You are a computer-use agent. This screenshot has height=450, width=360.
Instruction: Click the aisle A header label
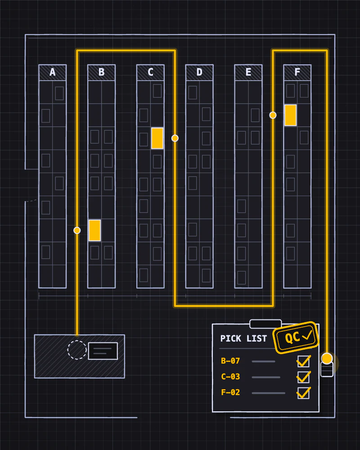53,72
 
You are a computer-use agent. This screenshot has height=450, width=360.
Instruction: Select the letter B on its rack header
101,72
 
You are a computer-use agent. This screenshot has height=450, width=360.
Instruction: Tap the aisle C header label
150,72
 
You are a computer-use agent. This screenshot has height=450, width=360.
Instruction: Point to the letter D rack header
199,72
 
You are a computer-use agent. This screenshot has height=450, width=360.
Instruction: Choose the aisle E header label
248,72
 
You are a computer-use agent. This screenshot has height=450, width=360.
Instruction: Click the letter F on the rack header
297,72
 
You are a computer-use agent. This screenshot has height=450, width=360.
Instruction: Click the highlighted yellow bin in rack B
95,230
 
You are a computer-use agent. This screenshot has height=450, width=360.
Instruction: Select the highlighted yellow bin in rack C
157,138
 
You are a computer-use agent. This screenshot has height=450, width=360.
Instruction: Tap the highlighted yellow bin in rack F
291,115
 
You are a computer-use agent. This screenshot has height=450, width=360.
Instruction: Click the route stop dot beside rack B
77,230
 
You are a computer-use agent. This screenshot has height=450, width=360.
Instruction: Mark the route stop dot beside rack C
175,138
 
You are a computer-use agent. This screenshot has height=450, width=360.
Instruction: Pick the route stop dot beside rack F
273,115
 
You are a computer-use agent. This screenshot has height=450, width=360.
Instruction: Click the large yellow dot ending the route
327,359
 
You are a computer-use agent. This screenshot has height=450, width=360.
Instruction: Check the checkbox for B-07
303,361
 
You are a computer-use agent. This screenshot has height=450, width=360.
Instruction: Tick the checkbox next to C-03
303,377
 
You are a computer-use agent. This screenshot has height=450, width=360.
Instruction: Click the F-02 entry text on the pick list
230,392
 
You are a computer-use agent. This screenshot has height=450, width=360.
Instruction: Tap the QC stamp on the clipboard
296,337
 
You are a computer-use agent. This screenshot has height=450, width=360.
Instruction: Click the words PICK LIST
244,339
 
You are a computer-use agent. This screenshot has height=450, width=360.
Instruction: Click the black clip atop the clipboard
265,324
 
